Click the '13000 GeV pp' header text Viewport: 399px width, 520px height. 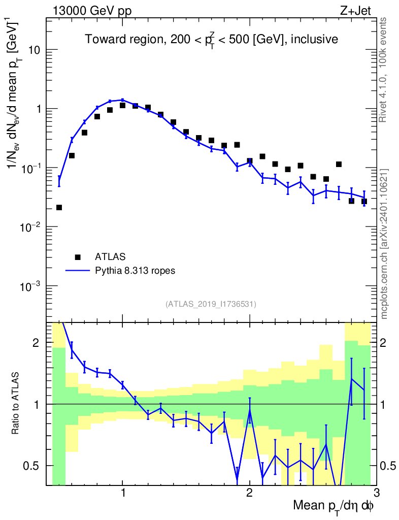[92, 11]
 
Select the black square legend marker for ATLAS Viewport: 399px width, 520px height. [78, 256]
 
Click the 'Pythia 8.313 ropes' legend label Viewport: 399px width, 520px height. [136, 271]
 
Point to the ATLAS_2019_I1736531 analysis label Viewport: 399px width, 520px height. [211, 304]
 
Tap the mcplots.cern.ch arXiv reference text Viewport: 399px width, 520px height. [384, 244]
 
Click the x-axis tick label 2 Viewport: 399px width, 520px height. [249, 493]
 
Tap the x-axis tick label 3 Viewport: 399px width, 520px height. [376, 493]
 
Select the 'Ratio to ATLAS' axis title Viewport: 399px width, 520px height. [16, 404]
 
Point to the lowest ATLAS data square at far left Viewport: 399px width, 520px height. [59, 207]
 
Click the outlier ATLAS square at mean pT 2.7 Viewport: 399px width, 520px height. [339, 164]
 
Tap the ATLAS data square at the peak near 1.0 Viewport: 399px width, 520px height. [122, 105]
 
